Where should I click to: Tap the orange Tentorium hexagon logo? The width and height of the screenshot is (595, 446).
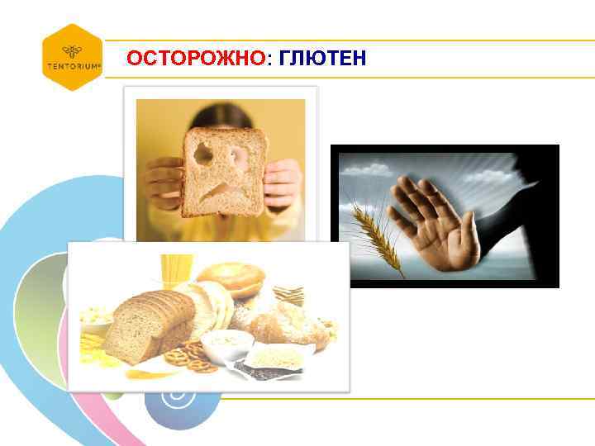73,57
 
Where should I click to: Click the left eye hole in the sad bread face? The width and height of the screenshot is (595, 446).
201,152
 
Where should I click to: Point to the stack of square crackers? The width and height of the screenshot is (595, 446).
289,294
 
